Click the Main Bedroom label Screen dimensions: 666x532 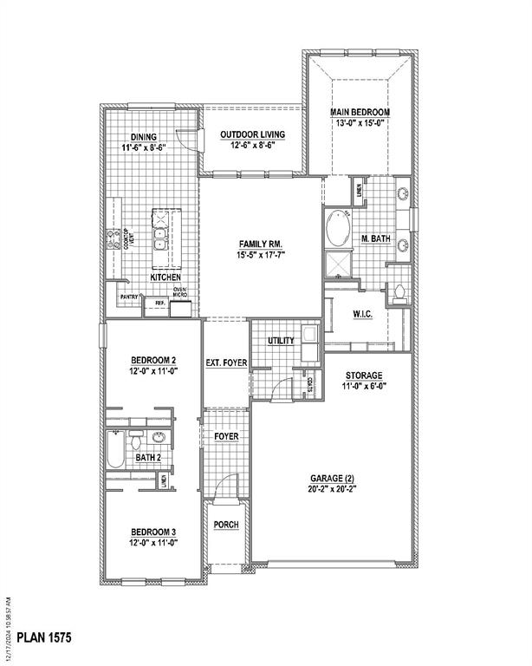pos(360,112)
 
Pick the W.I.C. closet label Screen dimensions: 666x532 pos(362,314)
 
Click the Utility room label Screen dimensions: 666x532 pos(282,341)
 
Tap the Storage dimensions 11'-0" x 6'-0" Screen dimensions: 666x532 pos(360,387)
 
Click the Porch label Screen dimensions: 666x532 pos(226,526)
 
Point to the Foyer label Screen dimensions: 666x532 pos(226,435)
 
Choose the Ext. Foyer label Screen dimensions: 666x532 pos(226,363)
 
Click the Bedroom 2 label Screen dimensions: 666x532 pos(154,360)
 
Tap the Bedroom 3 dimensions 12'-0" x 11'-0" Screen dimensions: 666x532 pos(154,543)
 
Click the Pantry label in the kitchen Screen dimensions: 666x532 pos(130,296)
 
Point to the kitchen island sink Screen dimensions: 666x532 pos(161,233)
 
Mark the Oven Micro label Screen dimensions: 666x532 pos(180,292)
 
